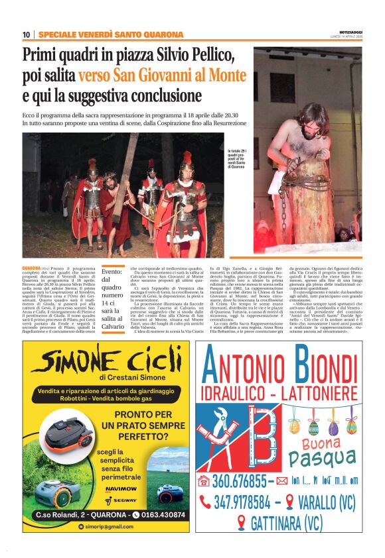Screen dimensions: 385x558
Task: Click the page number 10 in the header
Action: pyautogui.click(x=27, y=34)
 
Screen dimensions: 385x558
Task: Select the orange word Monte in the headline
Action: pyautogui.click(x=226, y=76)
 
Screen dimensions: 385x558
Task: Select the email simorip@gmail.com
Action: pyautogui.click(x=114, y=526)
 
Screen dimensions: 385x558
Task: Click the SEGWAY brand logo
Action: pyautogui.click(x=125, y=499)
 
